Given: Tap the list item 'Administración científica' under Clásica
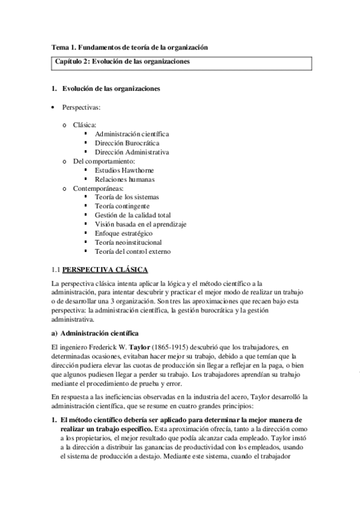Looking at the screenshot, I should tap(132, 133).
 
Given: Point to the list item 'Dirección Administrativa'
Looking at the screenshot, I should tap(132, 152).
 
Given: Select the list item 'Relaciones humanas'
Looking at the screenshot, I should tap(124, 180).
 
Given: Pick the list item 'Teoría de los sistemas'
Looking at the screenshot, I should tap(127, 197).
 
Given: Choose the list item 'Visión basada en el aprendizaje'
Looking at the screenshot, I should tap(140, 224).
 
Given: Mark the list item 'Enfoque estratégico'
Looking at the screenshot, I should tap(123, 233).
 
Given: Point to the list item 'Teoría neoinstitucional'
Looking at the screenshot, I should tap(129, 242).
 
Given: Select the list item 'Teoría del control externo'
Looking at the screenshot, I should tap(133, 250).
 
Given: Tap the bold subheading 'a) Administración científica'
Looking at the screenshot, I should tap(96, 333).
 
